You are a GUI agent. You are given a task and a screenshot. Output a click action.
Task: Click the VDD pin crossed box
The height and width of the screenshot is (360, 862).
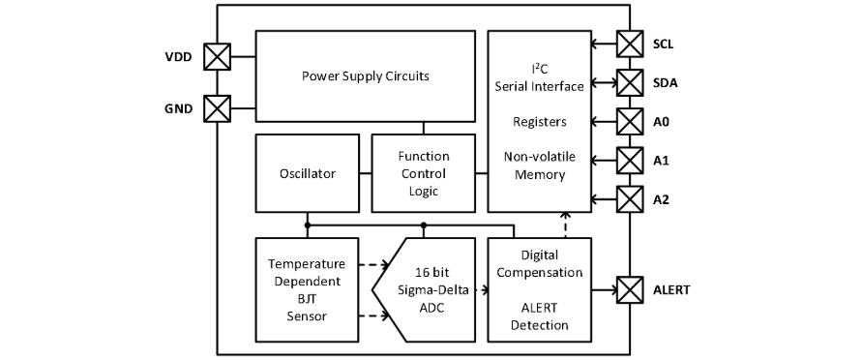217,56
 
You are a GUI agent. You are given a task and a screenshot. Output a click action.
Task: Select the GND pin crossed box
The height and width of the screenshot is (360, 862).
217,108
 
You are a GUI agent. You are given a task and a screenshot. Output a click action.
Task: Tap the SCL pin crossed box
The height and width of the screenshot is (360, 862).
630,44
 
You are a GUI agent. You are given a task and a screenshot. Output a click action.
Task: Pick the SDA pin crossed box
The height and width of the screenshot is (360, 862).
630,83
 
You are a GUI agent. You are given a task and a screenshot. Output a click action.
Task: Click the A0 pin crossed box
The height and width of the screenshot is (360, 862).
630,122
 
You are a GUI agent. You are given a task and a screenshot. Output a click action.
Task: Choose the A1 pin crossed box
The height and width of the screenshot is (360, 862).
630,161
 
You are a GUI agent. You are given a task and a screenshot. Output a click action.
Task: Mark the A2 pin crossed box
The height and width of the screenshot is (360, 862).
630,199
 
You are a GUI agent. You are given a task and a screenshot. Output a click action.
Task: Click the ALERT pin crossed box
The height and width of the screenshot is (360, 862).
630,289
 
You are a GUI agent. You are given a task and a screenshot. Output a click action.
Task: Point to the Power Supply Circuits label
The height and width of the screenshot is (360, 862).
366,75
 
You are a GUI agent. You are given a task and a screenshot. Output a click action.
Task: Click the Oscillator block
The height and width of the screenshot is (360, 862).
308,173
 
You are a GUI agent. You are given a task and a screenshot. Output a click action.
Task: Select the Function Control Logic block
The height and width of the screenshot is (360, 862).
424,173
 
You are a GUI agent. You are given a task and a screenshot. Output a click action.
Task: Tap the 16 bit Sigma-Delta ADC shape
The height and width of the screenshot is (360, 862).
424,289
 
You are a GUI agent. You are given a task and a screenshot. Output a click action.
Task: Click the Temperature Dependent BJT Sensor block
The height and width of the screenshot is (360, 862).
308,289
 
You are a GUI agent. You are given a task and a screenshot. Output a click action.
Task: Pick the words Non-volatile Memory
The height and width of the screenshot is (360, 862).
540,165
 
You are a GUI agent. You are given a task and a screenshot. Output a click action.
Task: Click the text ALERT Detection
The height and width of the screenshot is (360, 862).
539,315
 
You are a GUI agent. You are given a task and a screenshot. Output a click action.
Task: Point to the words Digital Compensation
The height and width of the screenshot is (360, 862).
539,264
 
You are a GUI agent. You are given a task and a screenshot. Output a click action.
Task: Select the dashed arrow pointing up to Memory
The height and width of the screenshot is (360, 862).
566,225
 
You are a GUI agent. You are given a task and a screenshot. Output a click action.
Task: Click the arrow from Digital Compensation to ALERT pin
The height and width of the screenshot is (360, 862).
604,289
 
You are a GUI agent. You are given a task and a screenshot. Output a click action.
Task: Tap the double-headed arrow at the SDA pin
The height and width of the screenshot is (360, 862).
604,83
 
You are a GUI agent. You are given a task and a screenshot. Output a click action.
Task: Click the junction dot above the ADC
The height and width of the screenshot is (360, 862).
424,225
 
